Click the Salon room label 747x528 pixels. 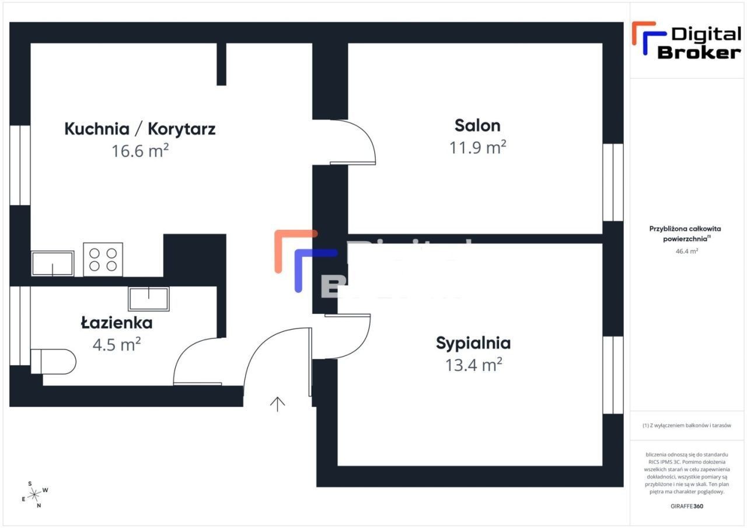click(x=477, y=125)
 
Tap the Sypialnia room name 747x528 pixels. click(x=473, y=343)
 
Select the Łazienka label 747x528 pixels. click(x=117, y=323)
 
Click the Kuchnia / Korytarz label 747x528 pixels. click(x=140, y=128)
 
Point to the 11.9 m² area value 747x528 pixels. click(x=477, y=147)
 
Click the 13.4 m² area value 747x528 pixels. click(x=474, y=365)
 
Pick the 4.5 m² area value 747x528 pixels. click(x=117, y=345)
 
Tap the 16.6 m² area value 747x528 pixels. click(x=140, y=151)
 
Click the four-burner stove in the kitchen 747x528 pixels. click(x=103, y=259)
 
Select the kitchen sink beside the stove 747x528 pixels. click(x=53, y=263)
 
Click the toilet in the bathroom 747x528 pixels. click(x=54, y=361)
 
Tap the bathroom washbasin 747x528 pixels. click(x=148, y=299)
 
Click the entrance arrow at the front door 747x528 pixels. click(x=277, y=404)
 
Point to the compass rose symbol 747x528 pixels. click(x=35, y=494)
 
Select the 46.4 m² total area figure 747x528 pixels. click(x=686, y=251)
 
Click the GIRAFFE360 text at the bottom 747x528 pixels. click(x=687, y=506)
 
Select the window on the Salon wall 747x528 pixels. click(x=613, y=182)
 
